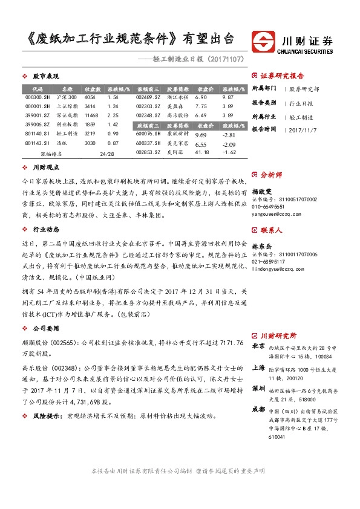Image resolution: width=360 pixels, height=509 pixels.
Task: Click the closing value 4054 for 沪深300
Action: [x=90, y=97]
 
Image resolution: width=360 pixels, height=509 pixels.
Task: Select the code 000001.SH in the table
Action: [x=38, y=106]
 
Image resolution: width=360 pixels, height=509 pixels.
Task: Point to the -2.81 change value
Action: [x=227, y=135]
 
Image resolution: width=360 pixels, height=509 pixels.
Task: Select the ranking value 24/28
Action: [x=106, y=154]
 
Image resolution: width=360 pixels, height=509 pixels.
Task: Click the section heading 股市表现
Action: [x=45, y=77]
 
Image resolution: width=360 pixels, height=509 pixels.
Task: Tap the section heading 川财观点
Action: [x=45, y=166]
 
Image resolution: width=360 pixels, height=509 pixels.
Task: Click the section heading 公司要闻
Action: [x=45, y=328]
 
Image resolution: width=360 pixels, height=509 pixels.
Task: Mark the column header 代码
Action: [x=38, y=88]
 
